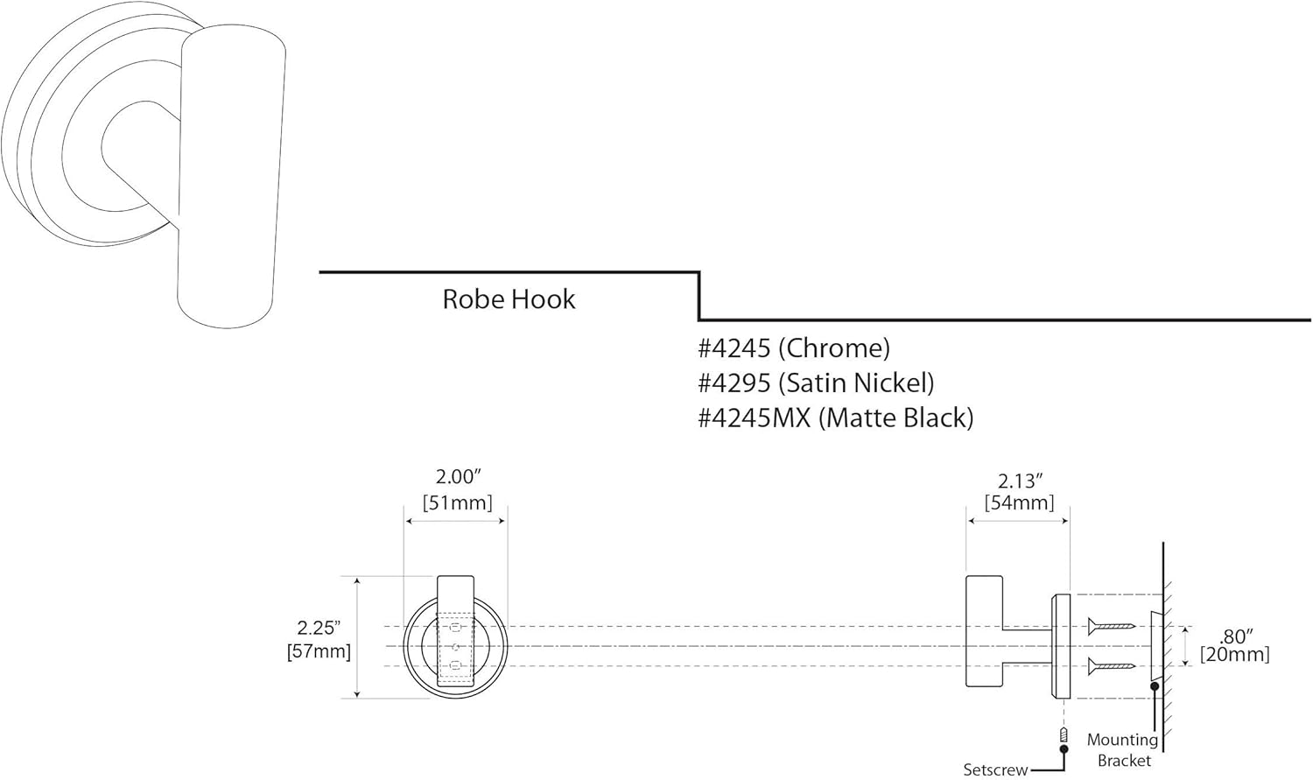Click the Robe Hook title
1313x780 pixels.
pos(509,299)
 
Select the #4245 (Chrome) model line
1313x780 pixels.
pos(794,348)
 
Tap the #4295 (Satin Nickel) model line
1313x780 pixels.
pos(816,383)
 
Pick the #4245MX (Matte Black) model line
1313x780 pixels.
pos(835,418)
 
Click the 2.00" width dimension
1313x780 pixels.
pos(459,477)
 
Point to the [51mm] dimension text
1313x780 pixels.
pos(457,503)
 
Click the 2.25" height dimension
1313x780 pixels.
pos(319,628)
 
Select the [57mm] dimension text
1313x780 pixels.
pos(319,651)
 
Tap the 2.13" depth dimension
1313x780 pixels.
pos(1020,481)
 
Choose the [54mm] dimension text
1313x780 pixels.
pos(1019,503)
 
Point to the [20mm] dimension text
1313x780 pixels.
pos(1234,655)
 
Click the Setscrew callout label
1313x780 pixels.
pos(995,770)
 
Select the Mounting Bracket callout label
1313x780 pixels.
pos(1123,750)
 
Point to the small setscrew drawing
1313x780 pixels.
pos(1064,734)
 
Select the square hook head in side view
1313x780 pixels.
pos(984,630)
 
